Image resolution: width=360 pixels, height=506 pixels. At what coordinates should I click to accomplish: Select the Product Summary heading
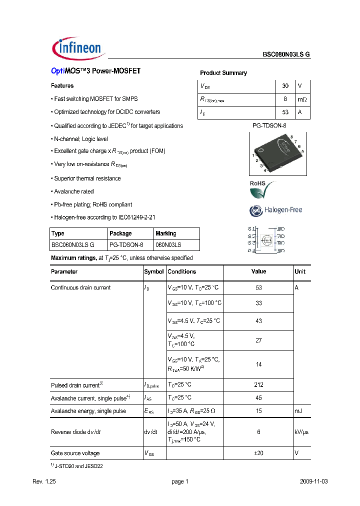point(223,73)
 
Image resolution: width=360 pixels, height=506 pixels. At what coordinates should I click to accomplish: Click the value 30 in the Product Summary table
point(285,86)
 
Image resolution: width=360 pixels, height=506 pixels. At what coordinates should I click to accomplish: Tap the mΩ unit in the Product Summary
point(302,99)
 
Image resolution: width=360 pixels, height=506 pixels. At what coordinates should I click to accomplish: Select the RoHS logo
point(261,189)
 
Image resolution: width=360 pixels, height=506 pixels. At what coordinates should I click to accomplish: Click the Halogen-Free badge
point(275,210)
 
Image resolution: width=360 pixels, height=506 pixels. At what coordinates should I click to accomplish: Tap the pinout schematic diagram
point(267,239)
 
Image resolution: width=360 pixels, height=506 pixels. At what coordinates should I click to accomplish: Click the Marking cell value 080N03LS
point(168,245)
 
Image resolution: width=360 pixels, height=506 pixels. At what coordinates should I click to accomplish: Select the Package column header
point(120,233)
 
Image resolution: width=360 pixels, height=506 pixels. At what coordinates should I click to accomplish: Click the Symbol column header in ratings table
point(154,272)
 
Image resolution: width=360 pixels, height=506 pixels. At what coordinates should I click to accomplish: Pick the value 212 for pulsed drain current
point(258,385)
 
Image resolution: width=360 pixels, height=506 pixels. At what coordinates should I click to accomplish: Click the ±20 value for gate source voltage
point(258,453)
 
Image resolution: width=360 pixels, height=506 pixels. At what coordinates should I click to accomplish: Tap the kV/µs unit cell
point(302,432)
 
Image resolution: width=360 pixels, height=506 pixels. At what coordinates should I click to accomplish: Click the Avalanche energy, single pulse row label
point(88,411)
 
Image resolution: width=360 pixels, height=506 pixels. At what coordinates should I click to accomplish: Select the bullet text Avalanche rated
point(73,191)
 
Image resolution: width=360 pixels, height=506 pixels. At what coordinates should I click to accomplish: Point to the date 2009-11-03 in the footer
point(313,481)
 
